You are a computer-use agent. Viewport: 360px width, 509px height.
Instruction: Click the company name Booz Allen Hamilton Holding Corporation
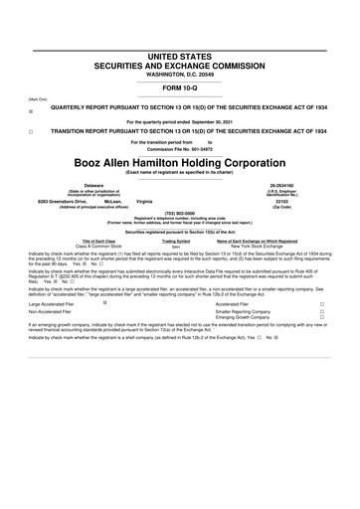click(179, 160)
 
